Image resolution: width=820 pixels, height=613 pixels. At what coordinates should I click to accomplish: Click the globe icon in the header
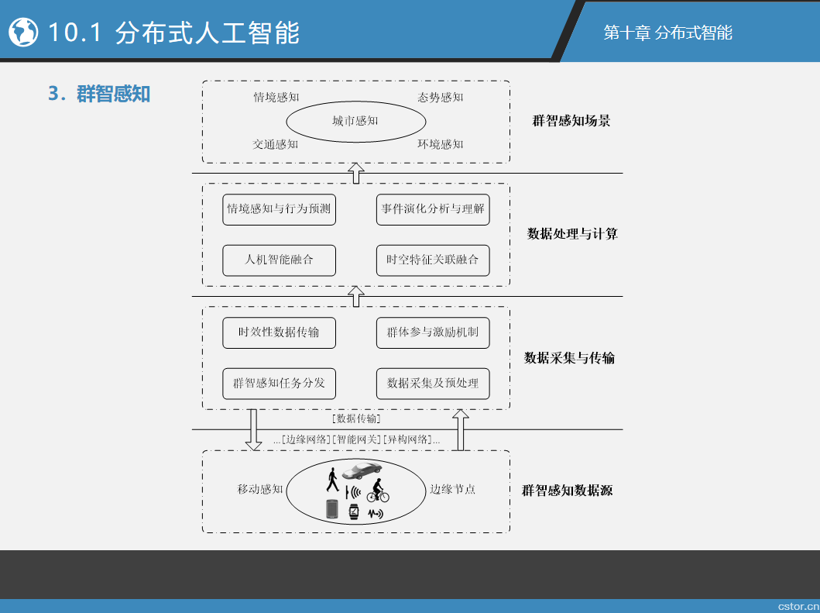(x=23, y=32)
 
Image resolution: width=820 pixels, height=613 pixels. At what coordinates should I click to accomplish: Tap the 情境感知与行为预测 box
(x=279, y=209)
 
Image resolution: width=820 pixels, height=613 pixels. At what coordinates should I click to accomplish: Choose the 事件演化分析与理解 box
(x=433, y=209)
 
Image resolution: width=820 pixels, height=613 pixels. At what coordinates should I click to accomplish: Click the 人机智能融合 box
(x=279, y=260)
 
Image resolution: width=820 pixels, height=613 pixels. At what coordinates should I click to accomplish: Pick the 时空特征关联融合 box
(x=433, y=260)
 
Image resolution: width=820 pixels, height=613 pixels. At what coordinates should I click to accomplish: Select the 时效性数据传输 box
(x=279, y=332)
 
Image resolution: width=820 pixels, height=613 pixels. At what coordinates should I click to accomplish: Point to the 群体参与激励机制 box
(x=433, y=332)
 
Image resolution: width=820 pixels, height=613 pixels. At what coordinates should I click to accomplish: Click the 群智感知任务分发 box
(x=279, y=383)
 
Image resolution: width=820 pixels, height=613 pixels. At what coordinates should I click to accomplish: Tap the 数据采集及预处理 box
(x=433, y=383)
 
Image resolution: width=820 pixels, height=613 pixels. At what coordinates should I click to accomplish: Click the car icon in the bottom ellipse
(x=362, y=470)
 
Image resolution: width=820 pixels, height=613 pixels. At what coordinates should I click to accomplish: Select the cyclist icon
(x=378, y=491)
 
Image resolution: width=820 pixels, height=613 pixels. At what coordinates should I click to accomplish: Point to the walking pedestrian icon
(x=333, y=480)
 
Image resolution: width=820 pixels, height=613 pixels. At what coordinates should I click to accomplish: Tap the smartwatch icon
(x=354, y=511)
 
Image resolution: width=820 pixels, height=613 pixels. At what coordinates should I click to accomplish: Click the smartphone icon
(x=332, y=509)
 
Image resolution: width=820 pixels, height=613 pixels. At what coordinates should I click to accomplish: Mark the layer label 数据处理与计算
(x=572, y=233)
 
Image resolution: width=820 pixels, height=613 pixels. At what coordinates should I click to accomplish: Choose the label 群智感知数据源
(x=567, y=491)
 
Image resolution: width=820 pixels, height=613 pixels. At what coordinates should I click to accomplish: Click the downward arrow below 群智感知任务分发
(x=254, y=430)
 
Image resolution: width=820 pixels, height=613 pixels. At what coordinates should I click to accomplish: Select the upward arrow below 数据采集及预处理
(x=460, y=430)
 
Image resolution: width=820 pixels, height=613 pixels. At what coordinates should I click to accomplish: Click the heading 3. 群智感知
(x=99, y=94)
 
